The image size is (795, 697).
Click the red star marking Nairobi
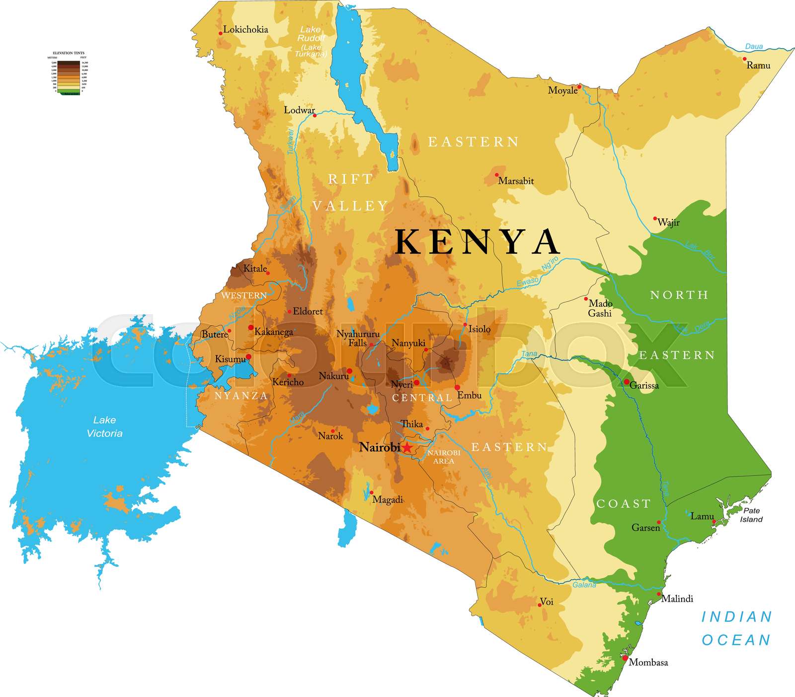(x=407, y=447)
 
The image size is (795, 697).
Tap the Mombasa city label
(x=648, y=662)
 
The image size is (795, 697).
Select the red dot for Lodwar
(x=315, y=116)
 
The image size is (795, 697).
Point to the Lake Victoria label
(x=104, y=426)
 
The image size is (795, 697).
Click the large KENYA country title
(x=477, y=242)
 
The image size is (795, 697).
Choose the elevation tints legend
(x=69, y=73)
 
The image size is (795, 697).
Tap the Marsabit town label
(x=516, y=181)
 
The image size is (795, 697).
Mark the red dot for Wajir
(x=655, y=218)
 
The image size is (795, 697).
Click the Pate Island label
(x=751, y=515)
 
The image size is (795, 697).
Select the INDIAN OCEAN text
(x=736, y=628)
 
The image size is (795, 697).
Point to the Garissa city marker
(x=627, y=382)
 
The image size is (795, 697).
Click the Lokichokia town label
(x=245, y=29)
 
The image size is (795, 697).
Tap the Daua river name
(x=754, y=47)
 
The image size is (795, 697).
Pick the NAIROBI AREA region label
(x=444, y=457)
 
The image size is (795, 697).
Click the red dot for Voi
(x=540, y=605)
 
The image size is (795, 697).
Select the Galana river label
(x=584, y=585)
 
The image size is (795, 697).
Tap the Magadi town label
(x=388, y=499)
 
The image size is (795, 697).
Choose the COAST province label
(x=624, y=504)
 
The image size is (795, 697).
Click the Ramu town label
(x=758, y=66)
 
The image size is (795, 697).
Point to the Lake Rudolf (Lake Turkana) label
(x=311, y=42)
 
